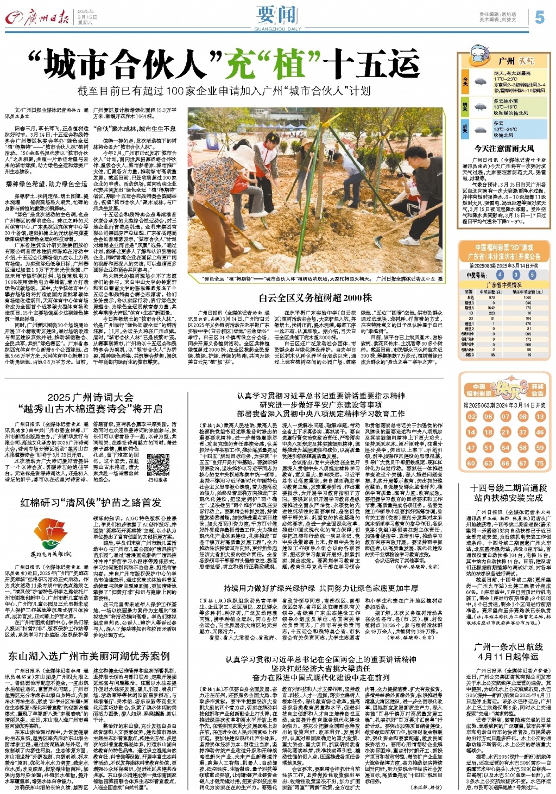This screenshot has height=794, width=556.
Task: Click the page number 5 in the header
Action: click(x=539, y=17)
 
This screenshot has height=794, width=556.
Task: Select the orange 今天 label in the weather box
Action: click(x=465, y=81)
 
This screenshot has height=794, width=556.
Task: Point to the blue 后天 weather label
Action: click(x=465, y=128)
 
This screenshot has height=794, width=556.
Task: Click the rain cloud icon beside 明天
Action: click(x=480, y=105)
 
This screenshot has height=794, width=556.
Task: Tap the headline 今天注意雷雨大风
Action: click(x=504, y=148)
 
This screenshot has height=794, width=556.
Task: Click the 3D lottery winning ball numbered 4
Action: click(x=500, y=275)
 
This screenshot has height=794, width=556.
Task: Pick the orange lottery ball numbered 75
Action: click(x=540, y=463)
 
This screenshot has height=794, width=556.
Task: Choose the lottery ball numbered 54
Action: click(x=506, y=448)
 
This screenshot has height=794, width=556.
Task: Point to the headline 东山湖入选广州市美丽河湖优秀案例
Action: click(x=89, y=656)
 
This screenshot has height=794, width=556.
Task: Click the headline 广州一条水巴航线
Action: click(x=508, y=647)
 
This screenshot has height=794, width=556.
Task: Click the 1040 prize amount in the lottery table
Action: click(x=527, y=297)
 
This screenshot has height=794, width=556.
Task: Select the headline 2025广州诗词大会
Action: click(x=90, y=397)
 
